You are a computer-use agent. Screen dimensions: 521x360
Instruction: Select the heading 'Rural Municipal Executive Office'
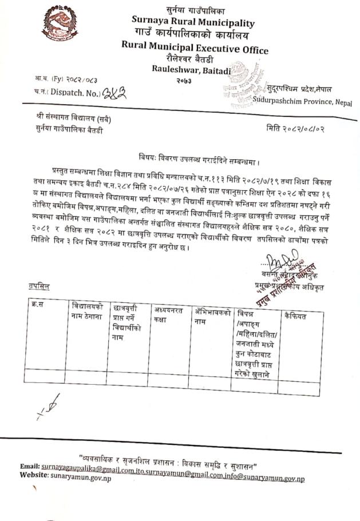[x=195, y=49]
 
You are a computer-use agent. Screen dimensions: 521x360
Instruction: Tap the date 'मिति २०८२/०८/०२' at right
[x=295, y=129]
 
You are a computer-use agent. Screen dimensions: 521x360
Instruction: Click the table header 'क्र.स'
[x=38, y=304]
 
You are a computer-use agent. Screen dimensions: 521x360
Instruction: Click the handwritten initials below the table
[x=48, y=405]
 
